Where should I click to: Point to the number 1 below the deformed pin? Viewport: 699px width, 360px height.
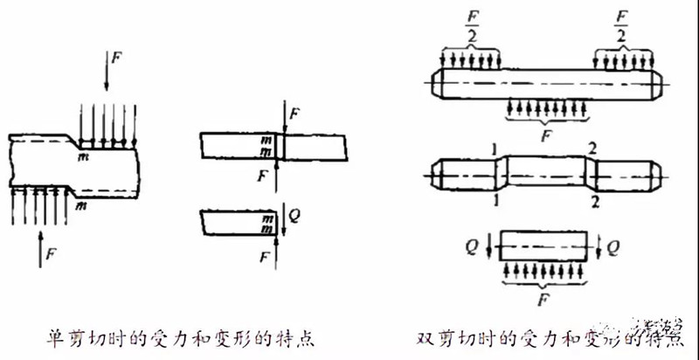(495, 200)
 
